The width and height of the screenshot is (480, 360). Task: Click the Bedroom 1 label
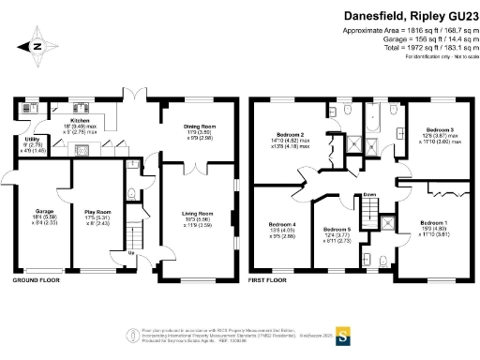pyautogui.click(x=433, y=222)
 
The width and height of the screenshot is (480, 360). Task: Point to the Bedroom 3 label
pyautogui.click(x=440, y=129)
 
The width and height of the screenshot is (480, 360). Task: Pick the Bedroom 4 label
pyautogui.click(x=282, y=225)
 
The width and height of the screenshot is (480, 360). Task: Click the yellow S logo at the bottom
pyautogui.click(x=343, y=333)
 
